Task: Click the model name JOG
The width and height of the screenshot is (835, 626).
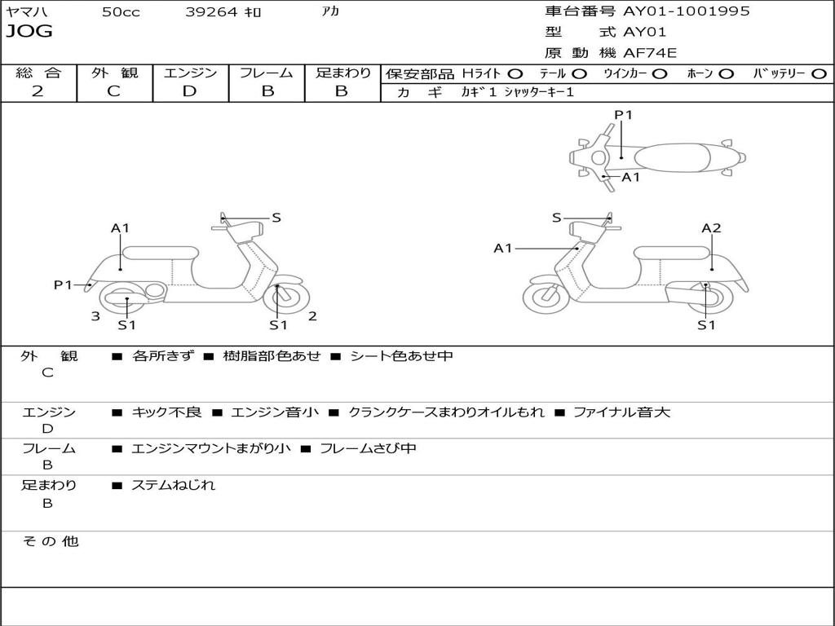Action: [x=29, y=32]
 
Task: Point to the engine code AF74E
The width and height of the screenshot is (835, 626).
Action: [x=650, y=53]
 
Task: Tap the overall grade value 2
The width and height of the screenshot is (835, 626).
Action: [x=38, y=91]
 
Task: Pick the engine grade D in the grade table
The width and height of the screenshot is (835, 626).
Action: [x=189, y=91]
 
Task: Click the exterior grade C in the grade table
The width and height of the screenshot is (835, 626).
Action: [x=113, y=91]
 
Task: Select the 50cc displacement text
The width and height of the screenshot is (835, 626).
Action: [x=121, y=12]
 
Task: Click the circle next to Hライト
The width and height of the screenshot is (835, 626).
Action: [x=515, y=74]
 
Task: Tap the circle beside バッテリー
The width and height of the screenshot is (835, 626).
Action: [x=819, y=74]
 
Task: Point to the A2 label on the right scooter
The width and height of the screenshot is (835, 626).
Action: [x=711, y=228]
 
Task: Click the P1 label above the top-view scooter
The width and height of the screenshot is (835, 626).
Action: [x=624, y=115]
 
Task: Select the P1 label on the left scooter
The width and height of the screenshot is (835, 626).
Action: [x=64, y=284]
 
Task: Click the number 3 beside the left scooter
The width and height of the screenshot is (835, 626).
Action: [x=95, y=315]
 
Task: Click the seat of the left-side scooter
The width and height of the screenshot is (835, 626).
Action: [x=161, y=252]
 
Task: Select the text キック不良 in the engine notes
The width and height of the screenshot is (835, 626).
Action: [x=166, y=412]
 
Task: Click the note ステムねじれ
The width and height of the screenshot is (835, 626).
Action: [x=173, y=485]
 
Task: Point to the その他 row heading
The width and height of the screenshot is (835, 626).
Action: [x=50, y=541]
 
